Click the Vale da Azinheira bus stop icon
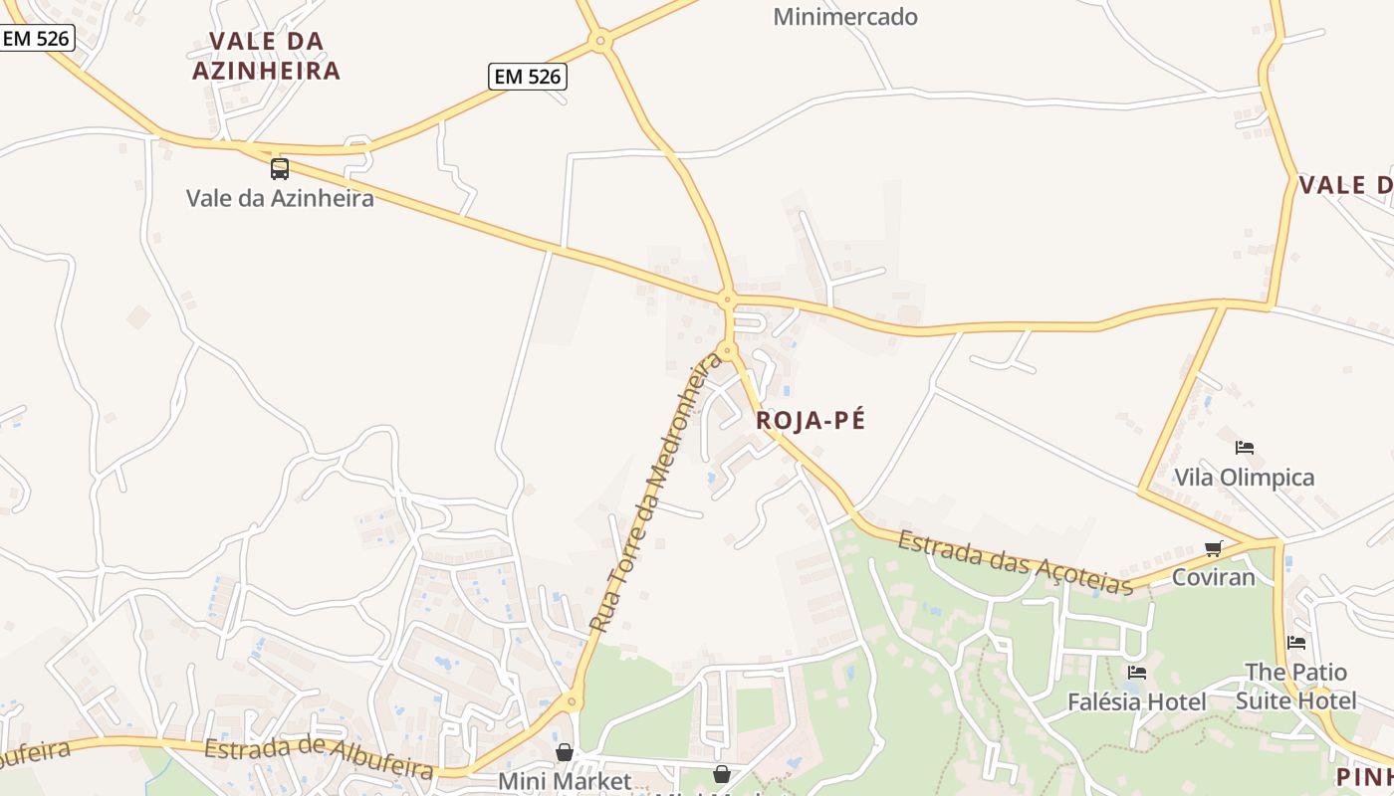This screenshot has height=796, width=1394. point(280,168)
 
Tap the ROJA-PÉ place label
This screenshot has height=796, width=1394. point(811,420)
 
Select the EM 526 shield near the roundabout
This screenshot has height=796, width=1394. point(528,76)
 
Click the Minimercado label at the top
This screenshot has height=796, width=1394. point(845,17)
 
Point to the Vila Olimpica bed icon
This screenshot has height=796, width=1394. point(1245,448)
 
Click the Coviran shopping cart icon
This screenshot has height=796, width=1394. point(1213,548)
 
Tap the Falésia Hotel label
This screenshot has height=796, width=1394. point(1136,701)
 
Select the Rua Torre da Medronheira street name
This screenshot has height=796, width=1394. point(656,491)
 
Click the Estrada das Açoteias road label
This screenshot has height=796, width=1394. point(1016,563)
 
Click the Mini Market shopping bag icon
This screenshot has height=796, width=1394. point(565,752)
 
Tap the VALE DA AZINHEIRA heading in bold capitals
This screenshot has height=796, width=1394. point(266,56)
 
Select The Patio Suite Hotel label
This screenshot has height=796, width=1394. point(1295,687)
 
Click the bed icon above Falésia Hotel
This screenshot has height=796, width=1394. point(1137,674)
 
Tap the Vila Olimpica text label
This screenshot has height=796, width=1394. point(1245,478)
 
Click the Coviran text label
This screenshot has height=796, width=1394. point(1213,577)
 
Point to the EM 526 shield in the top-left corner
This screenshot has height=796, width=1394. point(37,39)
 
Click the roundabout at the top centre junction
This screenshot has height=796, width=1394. point(599,42)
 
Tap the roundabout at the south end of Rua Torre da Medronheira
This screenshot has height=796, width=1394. point(572,702)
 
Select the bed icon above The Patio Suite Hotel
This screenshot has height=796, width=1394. point(1295,643)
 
